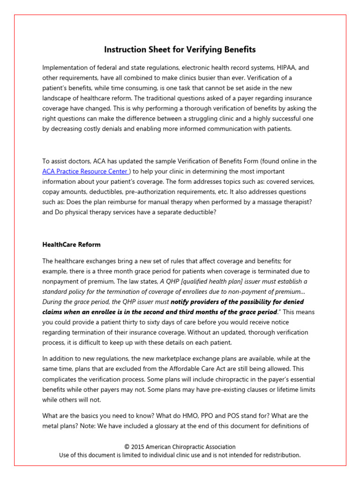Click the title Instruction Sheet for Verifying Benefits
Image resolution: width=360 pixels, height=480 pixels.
pyautogui.click(x=180, y=50)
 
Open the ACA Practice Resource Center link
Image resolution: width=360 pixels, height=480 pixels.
pyautogui.click(x=85, y=171)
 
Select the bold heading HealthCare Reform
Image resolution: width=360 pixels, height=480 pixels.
pyautogui.click(x=71, y=245)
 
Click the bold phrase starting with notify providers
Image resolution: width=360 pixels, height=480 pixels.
pyautogui.click(x=237, y=301)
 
